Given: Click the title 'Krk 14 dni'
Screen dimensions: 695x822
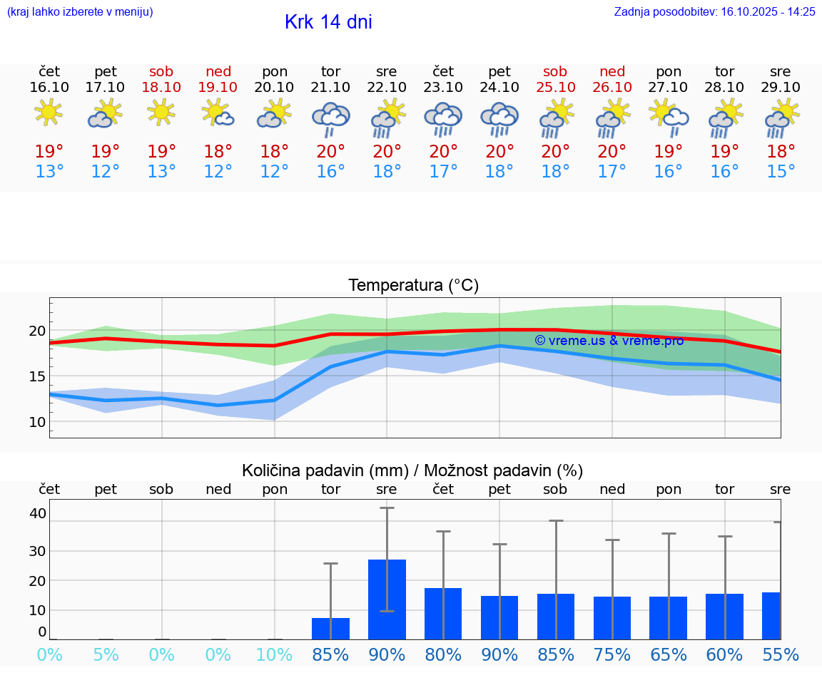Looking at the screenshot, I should point(328,22).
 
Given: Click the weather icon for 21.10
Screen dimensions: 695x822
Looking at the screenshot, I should point(330,118).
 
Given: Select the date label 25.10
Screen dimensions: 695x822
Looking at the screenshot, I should point(555,87).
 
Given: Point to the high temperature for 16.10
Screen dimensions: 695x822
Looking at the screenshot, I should point(49,152).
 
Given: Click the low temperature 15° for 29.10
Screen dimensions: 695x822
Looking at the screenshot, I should point(781,172).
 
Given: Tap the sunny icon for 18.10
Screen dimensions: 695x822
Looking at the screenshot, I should point(161,113).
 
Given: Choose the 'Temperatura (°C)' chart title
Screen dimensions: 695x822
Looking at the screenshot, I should point(413,286).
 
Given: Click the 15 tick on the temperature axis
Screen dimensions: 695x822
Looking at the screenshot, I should point(36,376).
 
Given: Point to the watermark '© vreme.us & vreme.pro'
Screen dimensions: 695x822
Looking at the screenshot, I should point(609,341).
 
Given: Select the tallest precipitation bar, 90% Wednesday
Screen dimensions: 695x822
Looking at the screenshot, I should point(387,599).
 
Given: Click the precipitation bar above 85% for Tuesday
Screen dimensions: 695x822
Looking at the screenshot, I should point(330,629).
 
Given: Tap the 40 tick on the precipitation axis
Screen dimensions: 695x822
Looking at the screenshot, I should point(38,513).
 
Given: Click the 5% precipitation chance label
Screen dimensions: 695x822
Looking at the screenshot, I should point(106,655).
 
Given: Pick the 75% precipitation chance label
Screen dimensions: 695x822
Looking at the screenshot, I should point(612,655).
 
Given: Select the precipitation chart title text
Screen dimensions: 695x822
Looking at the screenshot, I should point(412,470).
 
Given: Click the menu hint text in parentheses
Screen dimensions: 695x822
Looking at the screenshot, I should point(80,11).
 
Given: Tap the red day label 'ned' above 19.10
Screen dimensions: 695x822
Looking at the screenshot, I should point(218,71).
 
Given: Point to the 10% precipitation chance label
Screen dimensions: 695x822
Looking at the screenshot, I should point(274,655).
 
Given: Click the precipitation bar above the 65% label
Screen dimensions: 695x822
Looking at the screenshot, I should point(668,618).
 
